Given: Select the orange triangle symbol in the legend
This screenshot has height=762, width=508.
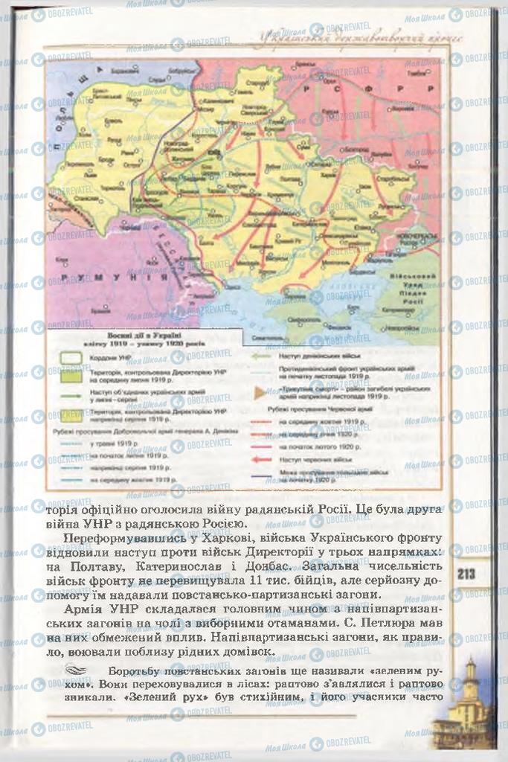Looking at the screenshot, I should point(260,391).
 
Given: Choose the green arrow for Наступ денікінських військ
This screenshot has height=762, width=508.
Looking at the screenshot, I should point(260,356).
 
